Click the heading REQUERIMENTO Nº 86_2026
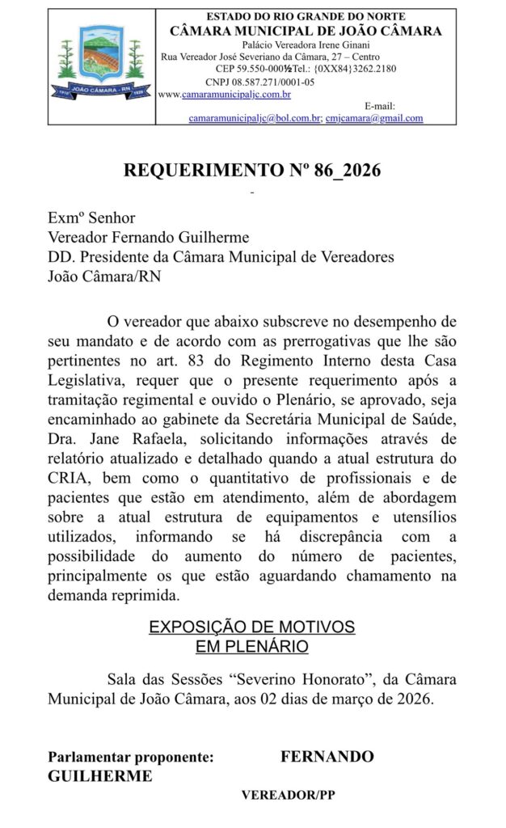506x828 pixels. pyautogui.click(x=252, y=171)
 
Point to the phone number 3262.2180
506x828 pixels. pyautogui.click(x=374, y=69)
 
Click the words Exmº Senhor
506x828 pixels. pyautogui.click(x=91, y=218)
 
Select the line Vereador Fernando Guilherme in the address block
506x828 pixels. pyautogui.click(x=149, y=237)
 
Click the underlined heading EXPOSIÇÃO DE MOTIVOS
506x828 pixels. pyautogui.click(x=252, y=627)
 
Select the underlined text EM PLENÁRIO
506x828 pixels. pyautogui.click(x=252, y=646)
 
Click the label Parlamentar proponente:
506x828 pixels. pyautogui.click(x=131, y=757)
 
